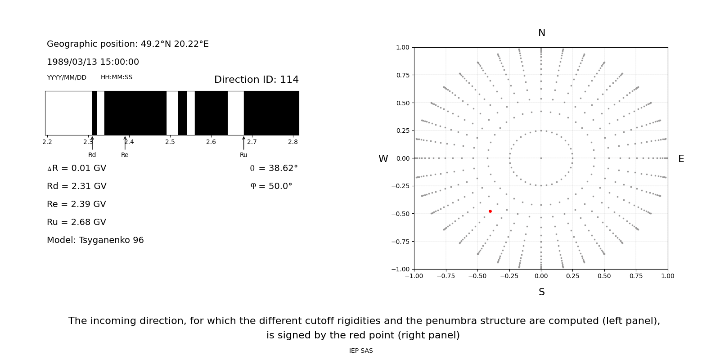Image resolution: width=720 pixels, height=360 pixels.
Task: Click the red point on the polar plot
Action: tap(490, 211)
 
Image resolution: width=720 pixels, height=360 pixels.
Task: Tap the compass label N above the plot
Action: tap(541, 33)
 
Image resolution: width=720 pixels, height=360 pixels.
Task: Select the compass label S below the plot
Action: tap(541, 292)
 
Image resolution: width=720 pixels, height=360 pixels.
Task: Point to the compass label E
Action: tap(681, 159)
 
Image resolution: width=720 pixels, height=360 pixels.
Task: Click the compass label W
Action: tap(383, 159)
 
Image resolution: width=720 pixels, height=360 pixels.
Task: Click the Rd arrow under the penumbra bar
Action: tap(92, 143)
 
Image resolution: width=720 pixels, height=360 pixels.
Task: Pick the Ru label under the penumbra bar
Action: tap(243, 155)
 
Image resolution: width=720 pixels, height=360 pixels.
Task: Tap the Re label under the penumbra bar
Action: tap(125, 155)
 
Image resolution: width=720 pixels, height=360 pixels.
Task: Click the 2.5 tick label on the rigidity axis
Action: tap(170, 142)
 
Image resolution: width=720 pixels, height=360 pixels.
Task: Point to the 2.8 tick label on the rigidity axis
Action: tap(293, 142)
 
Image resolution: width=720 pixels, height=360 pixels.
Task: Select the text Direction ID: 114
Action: tap(256, 80)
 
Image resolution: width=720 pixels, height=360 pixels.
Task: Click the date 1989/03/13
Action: tap(71, 62)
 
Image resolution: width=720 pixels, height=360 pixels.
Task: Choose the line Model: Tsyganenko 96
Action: tap(95, 240)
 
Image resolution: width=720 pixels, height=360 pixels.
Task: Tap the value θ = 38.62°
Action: tap(274, 168)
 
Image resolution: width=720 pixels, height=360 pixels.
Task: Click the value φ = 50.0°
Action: tap(271, 186)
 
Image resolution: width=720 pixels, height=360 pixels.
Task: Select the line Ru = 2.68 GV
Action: tap(76, 222)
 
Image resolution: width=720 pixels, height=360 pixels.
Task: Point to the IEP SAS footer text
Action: tap(360, 351)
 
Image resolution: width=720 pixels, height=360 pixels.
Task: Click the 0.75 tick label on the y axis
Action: tap(402, 75)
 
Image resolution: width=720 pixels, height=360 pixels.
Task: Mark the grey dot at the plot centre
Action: tap(541, 158)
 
